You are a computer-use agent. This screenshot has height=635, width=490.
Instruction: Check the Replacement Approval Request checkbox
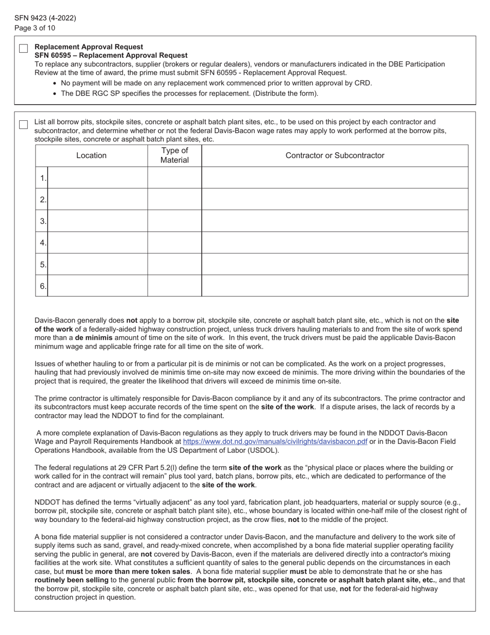coord(23,49)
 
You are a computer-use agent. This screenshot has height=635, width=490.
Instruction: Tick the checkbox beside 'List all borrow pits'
coord(23,124)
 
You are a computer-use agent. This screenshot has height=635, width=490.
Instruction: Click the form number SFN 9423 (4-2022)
coord(45,18)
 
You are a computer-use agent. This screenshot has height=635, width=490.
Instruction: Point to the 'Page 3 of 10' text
coord(35,28)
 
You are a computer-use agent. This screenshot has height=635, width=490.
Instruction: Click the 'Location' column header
coord(91,155)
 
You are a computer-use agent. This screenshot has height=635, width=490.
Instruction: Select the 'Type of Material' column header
coord(174,155)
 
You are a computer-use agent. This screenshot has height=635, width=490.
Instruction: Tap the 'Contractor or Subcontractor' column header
coord(335,155)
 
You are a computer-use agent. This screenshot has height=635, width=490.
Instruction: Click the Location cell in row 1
coord(97,178)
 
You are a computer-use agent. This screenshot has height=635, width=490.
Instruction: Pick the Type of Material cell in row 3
coord(174,221)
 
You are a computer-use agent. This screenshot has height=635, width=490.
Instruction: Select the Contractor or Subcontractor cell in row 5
coord(335,264)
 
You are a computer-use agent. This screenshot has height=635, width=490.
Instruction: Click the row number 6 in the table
coord(43,286)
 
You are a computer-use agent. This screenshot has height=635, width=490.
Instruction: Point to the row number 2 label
coord(43,199)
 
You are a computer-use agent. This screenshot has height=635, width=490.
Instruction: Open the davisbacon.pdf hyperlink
coord(275,442)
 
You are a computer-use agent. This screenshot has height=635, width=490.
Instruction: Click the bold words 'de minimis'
coord(93,338)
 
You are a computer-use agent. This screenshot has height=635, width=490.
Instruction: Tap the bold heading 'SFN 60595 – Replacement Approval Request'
coord(111,55)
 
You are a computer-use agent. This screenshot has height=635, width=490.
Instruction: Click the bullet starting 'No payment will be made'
coord(216,83)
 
